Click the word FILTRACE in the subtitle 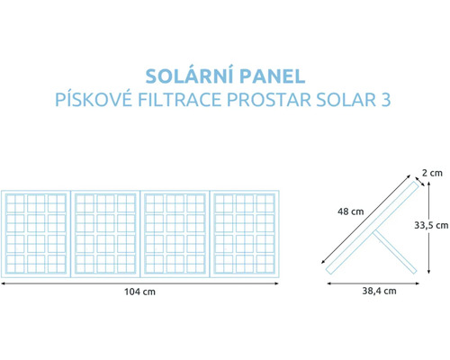click(x=179, y=99)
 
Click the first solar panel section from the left click(x=35, y=233)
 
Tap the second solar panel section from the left click(x=105, y=233)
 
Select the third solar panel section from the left click(x=175, y=233)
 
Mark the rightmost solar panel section click(x=245, y=233)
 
